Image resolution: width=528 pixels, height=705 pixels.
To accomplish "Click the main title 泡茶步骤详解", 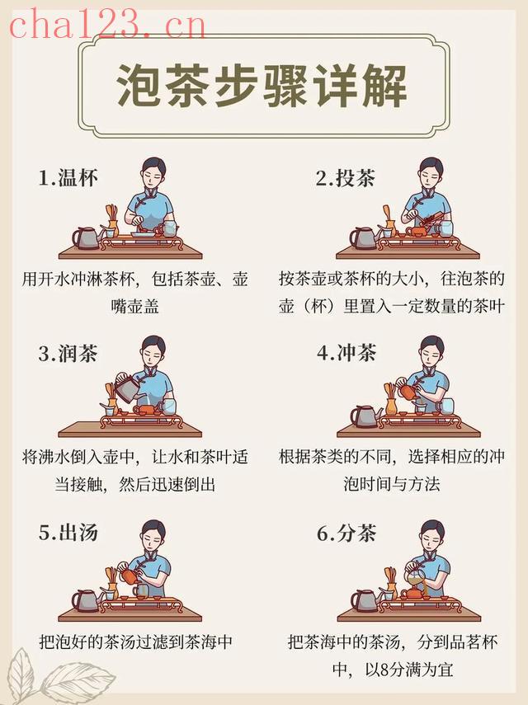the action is [262, 86].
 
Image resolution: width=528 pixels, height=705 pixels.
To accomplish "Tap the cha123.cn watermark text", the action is [107, 25].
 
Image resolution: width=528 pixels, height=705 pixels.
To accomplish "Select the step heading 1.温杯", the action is [68, 178].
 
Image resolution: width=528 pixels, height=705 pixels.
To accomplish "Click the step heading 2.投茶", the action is [346, 178].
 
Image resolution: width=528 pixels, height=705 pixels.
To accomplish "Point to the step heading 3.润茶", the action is [68, 354].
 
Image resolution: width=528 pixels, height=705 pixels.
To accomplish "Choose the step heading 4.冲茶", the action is [346, 353].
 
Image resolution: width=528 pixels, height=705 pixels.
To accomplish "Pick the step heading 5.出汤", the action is [68, 533].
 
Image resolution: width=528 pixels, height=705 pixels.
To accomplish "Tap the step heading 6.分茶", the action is [346, 533].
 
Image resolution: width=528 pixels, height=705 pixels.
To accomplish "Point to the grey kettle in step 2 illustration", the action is [363, 237].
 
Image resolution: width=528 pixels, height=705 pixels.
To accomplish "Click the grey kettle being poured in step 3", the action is [127, 386].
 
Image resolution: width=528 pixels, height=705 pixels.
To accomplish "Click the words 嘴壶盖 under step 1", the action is [135, 307].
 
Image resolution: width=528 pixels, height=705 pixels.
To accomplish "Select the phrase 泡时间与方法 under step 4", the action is [391, 484].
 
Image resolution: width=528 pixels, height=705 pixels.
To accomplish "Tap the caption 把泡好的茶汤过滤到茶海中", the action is [135, 642].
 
